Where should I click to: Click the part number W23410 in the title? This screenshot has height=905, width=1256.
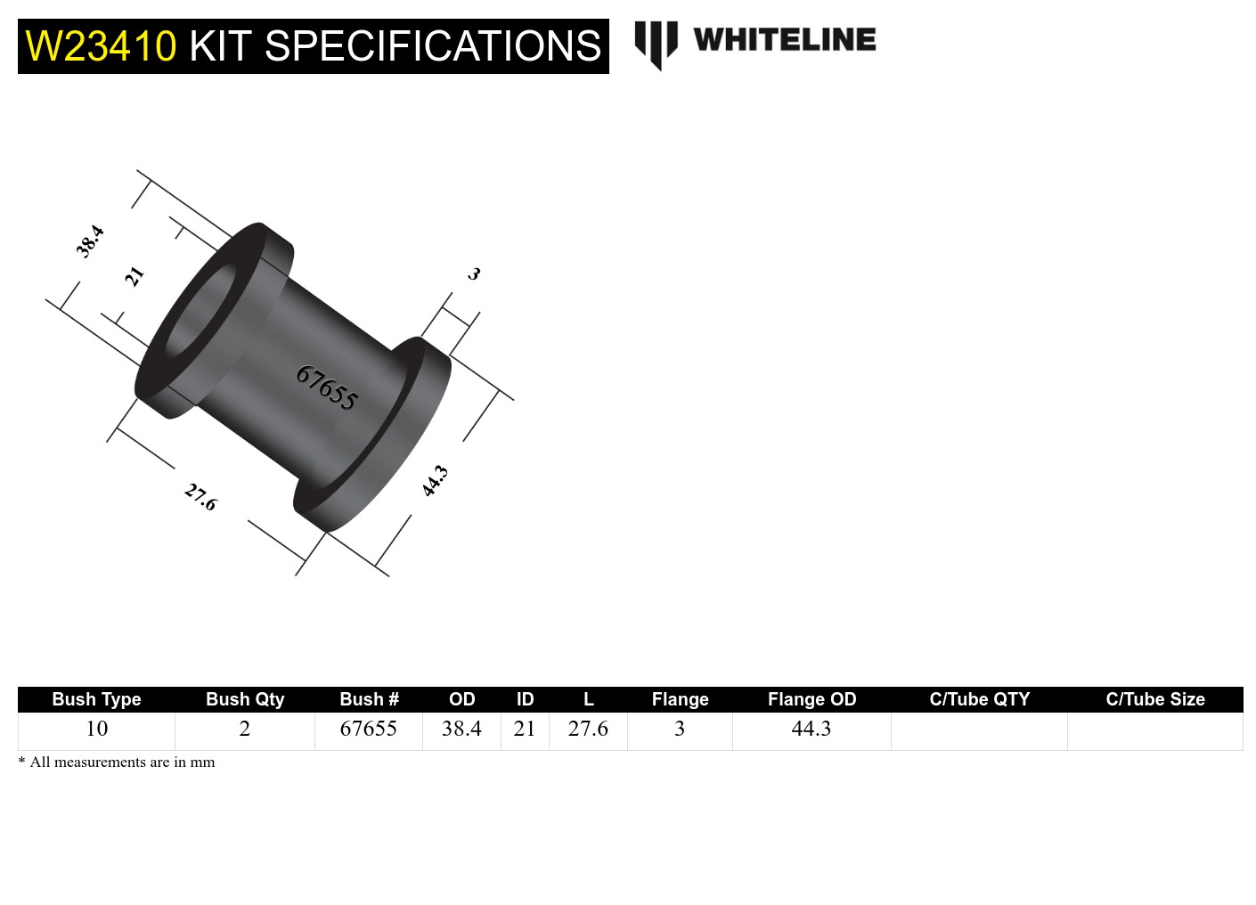(x=101, y=46)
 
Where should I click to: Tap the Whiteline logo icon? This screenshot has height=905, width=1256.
(x=656, y=44)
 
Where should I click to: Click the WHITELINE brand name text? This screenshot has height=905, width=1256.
(x=784, y=40)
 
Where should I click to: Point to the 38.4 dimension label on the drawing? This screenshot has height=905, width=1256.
(x=90, y=241)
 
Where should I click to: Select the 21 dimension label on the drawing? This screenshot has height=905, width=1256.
(x=134, y=276)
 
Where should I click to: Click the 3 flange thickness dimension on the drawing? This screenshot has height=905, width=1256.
(x=474, y=273)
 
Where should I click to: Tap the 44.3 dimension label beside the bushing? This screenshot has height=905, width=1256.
(x=435, y=481)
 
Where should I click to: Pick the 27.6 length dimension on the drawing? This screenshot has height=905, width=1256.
(x=200, y=496)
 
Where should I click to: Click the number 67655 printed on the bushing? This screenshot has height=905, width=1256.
(x=327, y=388)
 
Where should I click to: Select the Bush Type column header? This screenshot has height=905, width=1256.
(x=96, y=699)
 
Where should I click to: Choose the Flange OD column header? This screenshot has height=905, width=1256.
(x=812, y=699)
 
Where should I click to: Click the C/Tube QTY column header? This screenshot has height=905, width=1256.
(x=979, y=699)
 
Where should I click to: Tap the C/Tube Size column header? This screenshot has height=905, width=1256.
(x=1154, y=699)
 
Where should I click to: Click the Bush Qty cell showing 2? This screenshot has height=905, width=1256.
(x=244, y=729)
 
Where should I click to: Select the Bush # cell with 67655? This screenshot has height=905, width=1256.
(x=368, y=729)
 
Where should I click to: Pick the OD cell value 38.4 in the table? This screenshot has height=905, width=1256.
(x=461, y=729)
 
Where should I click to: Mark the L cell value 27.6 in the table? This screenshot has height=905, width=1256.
(x=588, y=729)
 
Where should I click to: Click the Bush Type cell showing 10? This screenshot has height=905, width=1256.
(x=96, y=729)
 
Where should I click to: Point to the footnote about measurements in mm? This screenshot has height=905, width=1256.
(x=117, y=762)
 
